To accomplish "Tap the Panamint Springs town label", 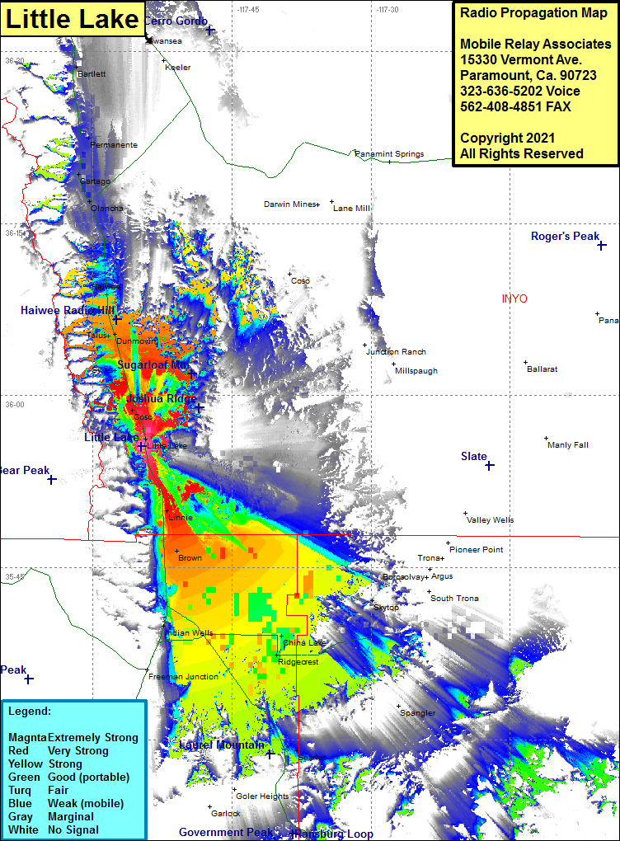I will click(389, 154).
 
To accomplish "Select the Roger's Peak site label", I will click(565, 237).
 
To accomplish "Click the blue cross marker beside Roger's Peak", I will click(603, 245).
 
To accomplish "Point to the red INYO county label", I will click(514, 298).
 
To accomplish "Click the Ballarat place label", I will click(542, 369).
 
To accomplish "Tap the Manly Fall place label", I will click(568, 445).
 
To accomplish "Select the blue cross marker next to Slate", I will click(490, 466).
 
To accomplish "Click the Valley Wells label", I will click(491, 520).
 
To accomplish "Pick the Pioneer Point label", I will click(477, 550).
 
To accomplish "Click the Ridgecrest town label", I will click(298, 662).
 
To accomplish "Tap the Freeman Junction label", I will click(184, 677).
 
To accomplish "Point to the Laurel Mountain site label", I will click(222, 745).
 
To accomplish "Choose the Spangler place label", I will click(418, 713).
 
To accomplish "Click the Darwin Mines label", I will click(289, 204).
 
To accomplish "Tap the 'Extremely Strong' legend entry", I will click(93, 737).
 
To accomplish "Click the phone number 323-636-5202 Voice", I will click(520, 91).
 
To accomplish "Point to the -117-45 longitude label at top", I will click(247, 10).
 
